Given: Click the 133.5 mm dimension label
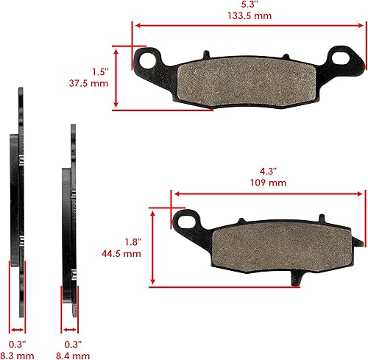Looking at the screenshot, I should click(246, 15).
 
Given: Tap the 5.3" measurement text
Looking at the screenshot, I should click(246, 4).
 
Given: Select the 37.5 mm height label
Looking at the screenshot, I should click(93, 84).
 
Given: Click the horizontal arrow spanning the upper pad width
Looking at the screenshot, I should click(246, 26).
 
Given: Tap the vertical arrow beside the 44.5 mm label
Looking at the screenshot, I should click(152, 246).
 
